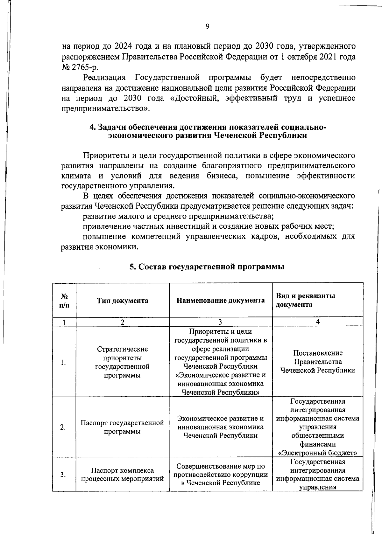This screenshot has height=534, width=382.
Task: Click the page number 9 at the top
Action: pyautogui.click(x=207, y=27)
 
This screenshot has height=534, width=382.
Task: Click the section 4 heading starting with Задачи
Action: pyautogui.click(x=208, y=131)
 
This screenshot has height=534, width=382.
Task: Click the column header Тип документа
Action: pyautogui.click(x=123, y=301)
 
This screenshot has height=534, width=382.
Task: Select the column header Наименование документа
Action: pyautogui.click(x=221, y=301)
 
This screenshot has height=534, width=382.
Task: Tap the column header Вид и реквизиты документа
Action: pyautogui.click(x=305, y=300)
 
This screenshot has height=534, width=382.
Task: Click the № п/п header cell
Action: pyautogui.click(x=64, y=301)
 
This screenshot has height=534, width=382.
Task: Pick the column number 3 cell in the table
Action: pyautogui.click(x=220, y=322)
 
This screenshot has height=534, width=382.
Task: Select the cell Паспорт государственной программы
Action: pyautogui.click(x=123, y=427)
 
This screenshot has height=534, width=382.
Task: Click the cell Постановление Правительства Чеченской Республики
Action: pyautogui.click(x=317, y=362)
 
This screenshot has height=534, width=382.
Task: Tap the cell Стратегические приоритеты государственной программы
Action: pyautogui.click(x=123, y=362)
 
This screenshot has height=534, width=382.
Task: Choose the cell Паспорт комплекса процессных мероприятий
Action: pyautogui.click(x=123, y=475)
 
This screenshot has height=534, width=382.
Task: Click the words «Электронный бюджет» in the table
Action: pyautogui.click(x=317, y=453)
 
